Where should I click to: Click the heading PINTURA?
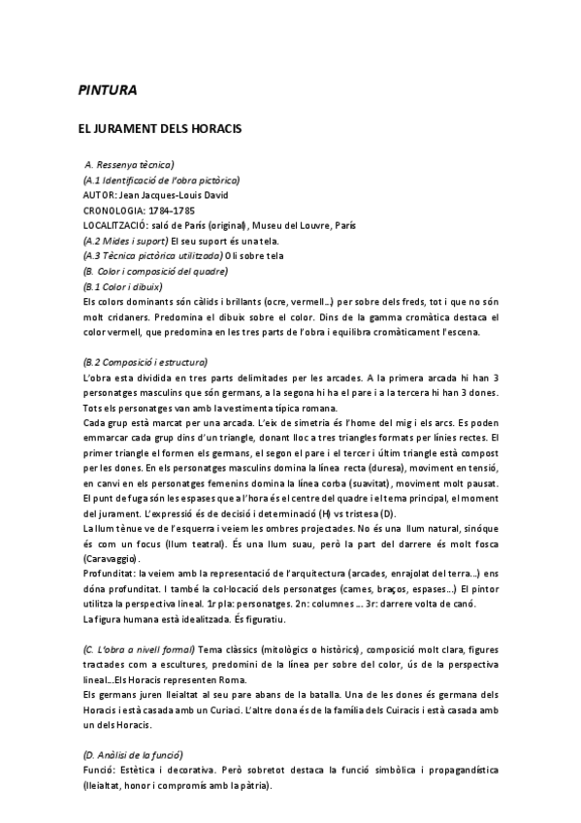coord(107,91)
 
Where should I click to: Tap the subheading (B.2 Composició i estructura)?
coord(145,361)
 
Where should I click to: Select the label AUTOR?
coord(100,194)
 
